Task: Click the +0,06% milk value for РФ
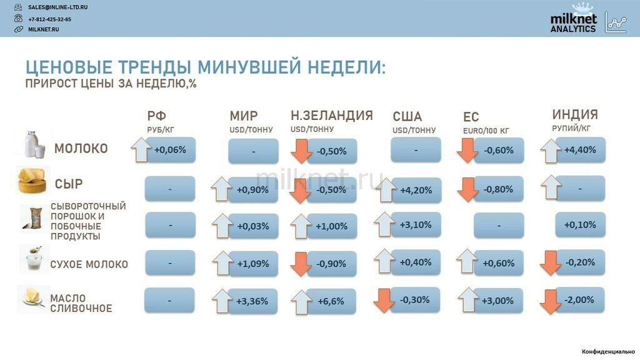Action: (x=170, y=150)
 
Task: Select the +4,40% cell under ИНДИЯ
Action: (x=580, y=150)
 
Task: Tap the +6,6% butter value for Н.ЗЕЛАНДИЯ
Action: (x=331, y=301)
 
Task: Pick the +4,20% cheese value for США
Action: (x=416, y=190)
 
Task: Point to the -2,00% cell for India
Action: (x=579, y=300)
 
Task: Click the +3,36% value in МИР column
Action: (x=252, y=301)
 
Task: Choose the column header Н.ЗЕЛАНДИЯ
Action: (x=332, y=116)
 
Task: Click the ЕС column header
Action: (x=471, y=117)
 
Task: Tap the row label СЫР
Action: (x=69, y=184)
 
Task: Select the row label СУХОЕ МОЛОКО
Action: (x=89, y=264)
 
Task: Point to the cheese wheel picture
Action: (x=32, y=180)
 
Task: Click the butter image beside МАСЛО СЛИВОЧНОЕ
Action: (x=32, y=297)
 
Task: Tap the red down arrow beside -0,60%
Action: (x=467, y=150)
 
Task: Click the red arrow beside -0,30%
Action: (x=384, y=301)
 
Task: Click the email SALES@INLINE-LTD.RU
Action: (x=58, y=7)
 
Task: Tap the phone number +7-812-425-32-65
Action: (x=50, y=19)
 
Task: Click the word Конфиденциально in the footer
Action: (x=608, y=351)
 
